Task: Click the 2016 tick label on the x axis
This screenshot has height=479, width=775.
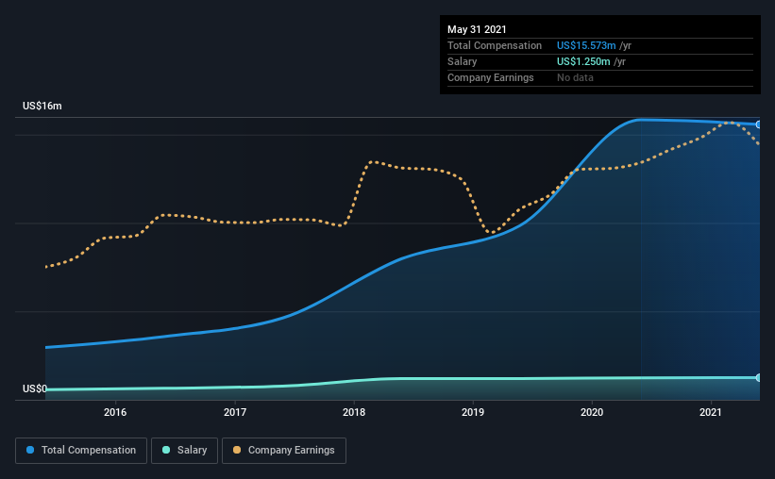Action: (115, 412)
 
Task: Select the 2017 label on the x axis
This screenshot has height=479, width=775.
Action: (235, 412)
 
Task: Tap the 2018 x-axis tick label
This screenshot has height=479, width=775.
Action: (354, 412)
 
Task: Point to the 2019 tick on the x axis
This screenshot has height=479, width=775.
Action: (473, 412)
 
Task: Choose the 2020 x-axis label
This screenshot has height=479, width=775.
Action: (592, 412)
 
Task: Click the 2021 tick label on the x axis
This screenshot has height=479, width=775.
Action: (711, 412)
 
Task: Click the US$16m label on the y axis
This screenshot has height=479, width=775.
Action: (42, 107)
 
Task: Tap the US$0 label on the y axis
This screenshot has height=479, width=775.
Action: (35, 388)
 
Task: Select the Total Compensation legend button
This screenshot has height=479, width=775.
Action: (81, 451)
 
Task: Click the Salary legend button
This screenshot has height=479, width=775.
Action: (187, 451)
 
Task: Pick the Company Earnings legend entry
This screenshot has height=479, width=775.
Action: (284, 451)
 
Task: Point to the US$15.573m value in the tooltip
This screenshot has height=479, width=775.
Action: (586, 45)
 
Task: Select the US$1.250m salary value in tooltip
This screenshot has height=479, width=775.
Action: (583, 61)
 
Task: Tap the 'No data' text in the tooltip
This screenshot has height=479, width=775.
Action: (575, 77)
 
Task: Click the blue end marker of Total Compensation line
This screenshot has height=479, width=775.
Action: (759, 124)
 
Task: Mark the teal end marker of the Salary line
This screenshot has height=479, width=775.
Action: (759, 377)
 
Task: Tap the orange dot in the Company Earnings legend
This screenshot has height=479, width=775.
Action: (237, 451)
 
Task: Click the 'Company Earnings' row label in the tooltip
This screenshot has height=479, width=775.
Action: (490, 77)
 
